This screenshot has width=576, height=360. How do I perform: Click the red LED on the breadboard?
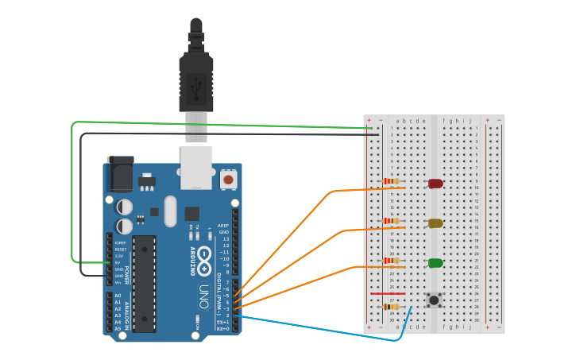point(435,184)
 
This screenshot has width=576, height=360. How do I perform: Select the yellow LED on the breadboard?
point(435,223)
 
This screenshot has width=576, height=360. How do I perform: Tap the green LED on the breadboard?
point(435,263)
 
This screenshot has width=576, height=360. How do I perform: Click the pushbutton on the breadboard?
point(434,300)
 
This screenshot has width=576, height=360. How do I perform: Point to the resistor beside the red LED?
point(392,181)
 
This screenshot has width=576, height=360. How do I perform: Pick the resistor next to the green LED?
point(392,261)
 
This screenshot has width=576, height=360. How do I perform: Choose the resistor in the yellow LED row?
point(392,221)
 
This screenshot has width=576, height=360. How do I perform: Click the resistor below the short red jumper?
point(392,307)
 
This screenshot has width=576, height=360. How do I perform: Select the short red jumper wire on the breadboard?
point(388,293)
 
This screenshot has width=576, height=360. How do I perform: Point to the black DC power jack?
point(120,174)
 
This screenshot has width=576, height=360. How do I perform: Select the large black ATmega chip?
point(144,283)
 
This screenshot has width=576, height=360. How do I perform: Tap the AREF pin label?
point(223,226)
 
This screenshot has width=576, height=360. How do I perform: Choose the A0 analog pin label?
point(118,296)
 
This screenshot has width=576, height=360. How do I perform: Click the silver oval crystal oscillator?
point(171,211)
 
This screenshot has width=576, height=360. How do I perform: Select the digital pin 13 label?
point(225,239)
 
